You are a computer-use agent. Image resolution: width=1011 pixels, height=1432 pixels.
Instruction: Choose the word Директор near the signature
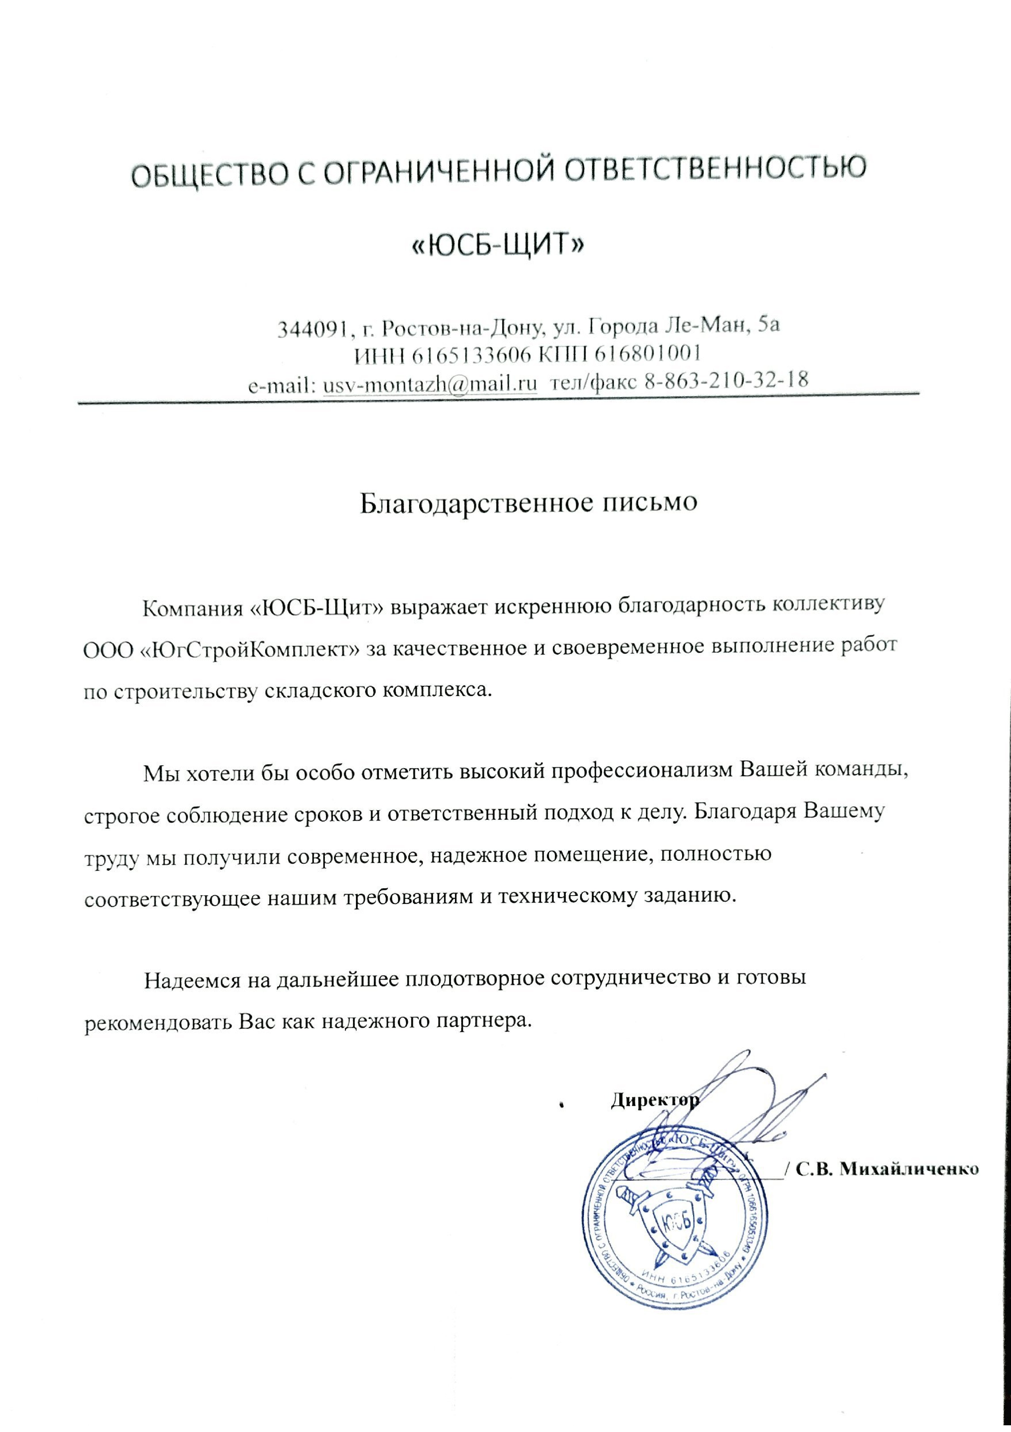[x=654, y=1100]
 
